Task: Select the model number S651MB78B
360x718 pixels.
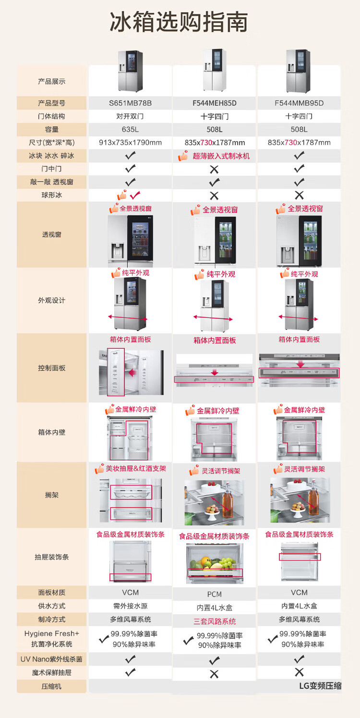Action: pos(130,103)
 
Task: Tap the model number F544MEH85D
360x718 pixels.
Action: pos(215,103)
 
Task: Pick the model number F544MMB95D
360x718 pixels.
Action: pos(299,103)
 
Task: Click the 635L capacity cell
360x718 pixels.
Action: pos(130,129)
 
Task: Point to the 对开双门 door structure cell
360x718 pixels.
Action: pos(130,116)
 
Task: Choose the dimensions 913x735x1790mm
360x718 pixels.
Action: pos(130,143)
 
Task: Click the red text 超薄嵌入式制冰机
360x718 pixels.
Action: pos(221,156)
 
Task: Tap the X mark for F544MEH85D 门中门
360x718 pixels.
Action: pos(215,169)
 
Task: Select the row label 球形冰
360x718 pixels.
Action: pos(52,195)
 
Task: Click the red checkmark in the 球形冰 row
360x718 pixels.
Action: pos(135,195)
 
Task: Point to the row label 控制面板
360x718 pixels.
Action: pos(52,368)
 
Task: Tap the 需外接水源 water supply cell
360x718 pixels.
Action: pos(130,606)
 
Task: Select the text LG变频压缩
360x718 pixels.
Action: pos(320,686)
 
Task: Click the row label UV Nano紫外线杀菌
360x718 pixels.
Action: pos(52,659)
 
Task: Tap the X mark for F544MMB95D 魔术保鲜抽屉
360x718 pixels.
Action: pos(299,672)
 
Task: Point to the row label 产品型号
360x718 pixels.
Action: pos(52,103)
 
